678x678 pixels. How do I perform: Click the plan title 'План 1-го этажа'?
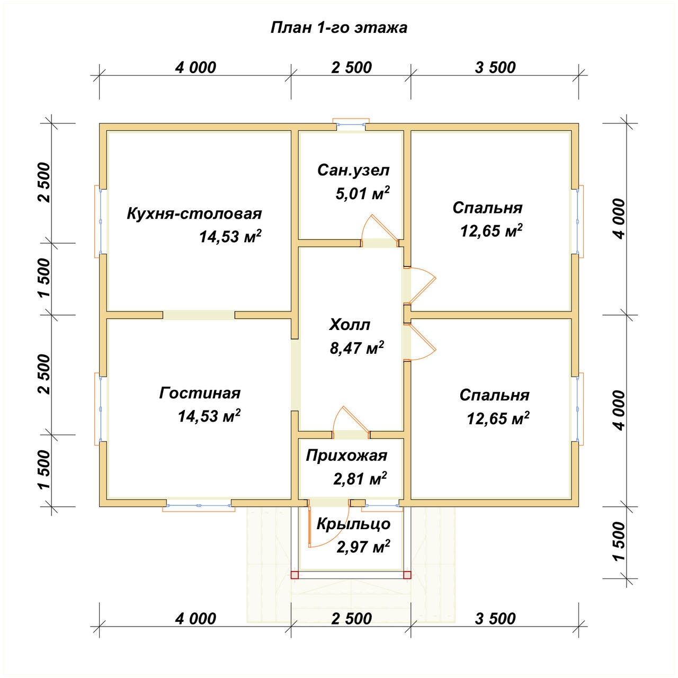pos(339,28)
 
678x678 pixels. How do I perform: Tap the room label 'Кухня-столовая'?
pos(194,214)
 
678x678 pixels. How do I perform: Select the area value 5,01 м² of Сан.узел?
pos(363,193)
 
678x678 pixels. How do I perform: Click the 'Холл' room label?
pos(350,325)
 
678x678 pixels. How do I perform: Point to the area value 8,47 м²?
pos(357,348)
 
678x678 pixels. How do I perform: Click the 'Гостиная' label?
pos(200,393)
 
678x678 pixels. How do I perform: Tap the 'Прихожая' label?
pos(346,456)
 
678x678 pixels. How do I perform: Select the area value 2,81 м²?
pos(360,479)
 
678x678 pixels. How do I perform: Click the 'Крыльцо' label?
pos(354,524)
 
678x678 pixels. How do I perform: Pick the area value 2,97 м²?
pos(363,547)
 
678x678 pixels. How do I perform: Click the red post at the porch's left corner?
pos(295,575)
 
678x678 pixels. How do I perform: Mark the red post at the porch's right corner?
pos(407,575)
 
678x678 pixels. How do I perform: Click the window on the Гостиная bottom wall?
pos(199,506)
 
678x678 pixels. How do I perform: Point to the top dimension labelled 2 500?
pos(351,68)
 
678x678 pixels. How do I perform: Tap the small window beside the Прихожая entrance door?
pos(383,506)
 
